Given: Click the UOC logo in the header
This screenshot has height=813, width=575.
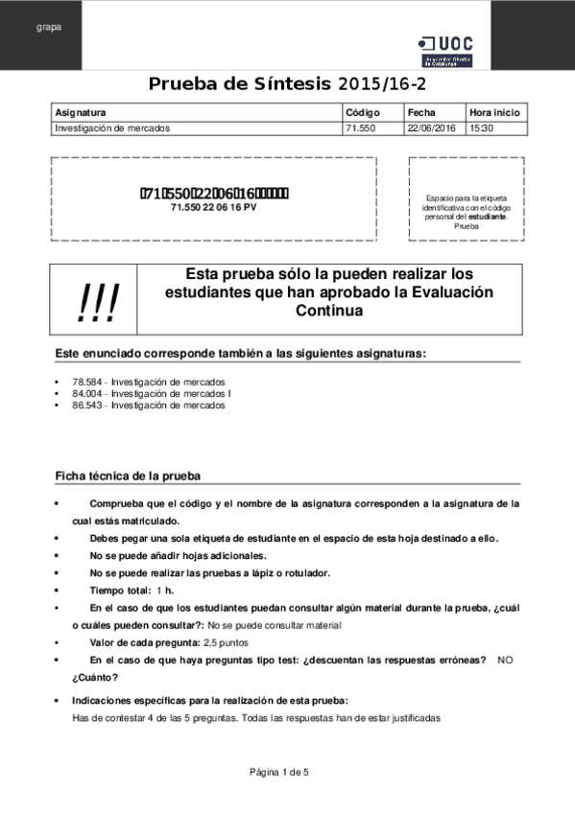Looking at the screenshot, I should (444, 51).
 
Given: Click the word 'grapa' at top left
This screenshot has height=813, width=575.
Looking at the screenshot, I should (49, 27).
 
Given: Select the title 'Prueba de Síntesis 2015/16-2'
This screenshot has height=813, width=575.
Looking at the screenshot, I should (287, 83).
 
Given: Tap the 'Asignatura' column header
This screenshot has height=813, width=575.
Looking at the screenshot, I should (81, 112).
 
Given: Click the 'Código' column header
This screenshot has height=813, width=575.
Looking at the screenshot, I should (362, 112).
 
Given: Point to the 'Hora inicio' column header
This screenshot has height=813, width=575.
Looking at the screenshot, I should (494, 112).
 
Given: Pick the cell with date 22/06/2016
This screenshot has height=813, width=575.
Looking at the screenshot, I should (431, 128).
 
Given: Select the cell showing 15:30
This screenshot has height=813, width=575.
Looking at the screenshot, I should (481, 128).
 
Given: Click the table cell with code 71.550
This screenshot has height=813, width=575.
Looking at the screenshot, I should (360, 128).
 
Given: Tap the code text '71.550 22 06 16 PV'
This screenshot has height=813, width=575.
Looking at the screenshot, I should (213, 207).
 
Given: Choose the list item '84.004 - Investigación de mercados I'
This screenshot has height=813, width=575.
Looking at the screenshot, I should (151, 393).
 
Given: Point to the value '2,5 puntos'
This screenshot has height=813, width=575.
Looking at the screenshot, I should (227, 642).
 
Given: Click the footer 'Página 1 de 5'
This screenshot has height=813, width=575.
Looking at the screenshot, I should (279, 772).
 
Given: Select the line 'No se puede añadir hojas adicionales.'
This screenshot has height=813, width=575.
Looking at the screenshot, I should (178, 555).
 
